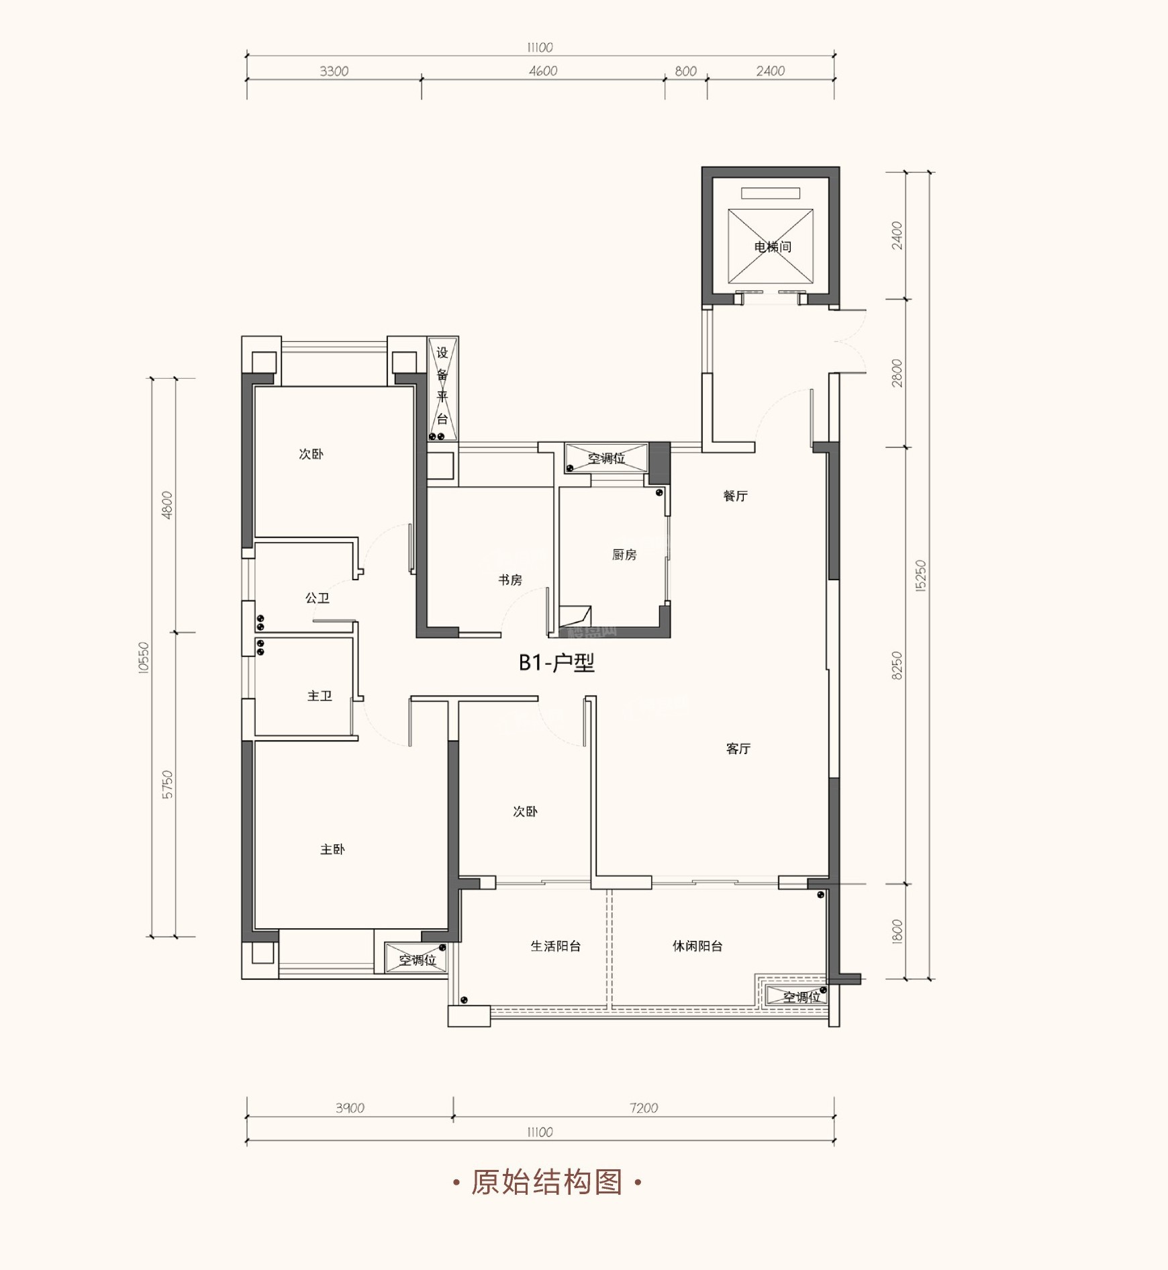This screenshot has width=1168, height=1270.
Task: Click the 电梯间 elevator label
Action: coord(773,247)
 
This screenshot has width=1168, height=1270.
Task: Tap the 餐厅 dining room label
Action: coord(735,496)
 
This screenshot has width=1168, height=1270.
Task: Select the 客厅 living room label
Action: coord(738,749)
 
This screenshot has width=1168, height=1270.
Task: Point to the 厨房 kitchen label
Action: coord(624,555)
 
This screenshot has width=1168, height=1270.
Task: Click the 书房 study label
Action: coord(510,580)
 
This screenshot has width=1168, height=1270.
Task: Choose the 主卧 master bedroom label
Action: coord(332,850)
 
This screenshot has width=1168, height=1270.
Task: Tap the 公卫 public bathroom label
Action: coord(318,598)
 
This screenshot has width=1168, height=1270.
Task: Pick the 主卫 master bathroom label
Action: coord(320,696)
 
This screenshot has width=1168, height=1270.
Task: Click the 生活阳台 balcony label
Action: coord(555,946)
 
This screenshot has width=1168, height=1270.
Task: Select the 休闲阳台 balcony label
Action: coord(697,946)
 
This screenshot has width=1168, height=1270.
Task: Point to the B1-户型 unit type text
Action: coord(556,663)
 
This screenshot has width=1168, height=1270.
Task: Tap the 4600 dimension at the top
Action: coord(543,71)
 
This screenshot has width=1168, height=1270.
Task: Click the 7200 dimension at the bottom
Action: coord(644,1108)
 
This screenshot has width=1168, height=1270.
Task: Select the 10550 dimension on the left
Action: coord(144,658)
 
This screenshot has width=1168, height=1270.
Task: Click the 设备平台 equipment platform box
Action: coord(443,389)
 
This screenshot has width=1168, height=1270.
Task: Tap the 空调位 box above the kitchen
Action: coord(606,458)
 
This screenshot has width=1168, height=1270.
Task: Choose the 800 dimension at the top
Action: coord(685,71)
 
